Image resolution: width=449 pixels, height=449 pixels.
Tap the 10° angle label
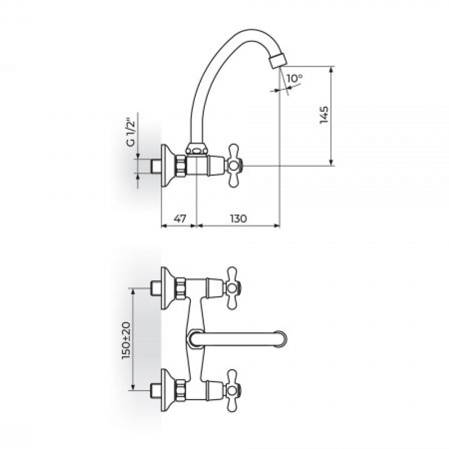click(295, 78)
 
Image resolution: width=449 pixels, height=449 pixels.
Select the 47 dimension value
click(180, 219)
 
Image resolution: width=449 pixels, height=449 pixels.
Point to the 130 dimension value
click(238, 219)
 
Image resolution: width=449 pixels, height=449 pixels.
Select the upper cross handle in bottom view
click(233, 288)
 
